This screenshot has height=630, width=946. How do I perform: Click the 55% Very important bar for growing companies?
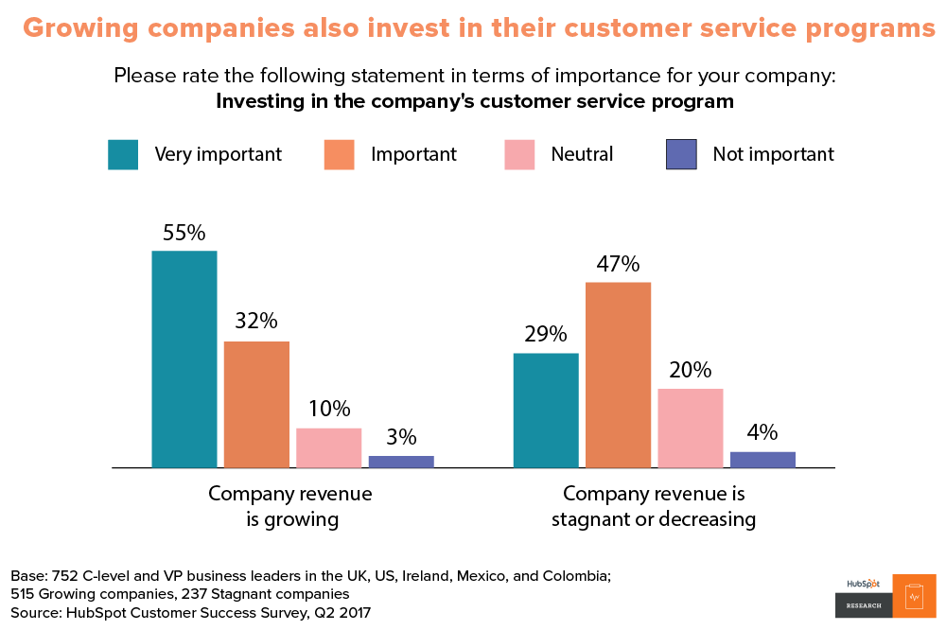184,359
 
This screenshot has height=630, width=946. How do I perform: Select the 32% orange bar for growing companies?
256,405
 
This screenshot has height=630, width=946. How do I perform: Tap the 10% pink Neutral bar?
329,448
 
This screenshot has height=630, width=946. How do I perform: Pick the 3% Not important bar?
401,462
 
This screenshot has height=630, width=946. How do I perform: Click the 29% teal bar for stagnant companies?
546,411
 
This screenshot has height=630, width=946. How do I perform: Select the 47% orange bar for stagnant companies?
618,375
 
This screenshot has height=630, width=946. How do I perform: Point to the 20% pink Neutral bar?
691,429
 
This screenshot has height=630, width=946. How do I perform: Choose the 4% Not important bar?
762,460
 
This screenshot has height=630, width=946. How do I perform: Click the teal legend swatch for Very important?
123,154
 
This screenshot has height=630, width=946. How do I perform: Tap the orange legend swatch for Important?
339,154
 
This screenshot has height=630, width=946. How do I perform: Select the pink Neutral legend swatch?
519,154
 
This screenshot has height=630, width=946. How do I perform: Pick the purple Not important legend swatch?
681,154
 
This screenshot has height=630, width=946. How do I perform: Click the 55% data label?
184,233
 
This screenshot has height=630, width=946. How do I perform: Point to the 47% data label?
618,264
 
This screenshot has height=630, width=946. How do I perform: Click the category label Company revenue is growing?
290,506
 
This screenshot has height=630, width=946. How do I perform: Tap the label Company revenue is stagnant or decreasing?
654,506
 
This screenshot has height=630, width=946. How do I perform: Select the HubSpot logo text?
862,584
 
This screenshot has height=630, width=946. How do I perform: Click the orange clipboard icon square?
914,596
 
